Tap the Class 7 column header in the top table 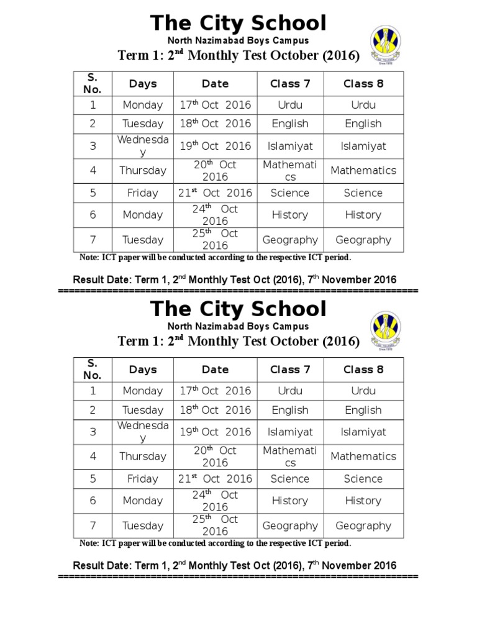[x=290, y=83]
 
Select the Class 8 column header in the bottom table [x=363, y=370]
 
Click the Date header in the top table [x=215, y=83]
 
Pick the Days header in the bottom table [x=143, y=370]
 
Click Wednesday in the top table [x=143, y=146]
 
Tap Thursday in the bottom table [x=143, y=457]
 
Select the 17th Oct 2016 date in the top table [x=215, y=105]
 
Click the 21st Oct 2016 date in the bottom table [x=215, y=479]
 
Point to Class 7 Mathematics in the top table [x=290, y=171]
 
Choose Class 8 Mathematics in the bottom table [x=363, y=457]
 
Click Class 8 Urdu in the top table [x=363, y=105]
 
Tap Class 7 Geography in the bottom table [x=290, y=525]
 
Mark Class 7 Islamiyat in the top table [x=290, y=146]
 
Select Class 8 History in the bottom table [x=363, y=501]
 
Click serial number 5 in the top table [x=93, y=193]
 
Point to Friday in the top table [x=143, y=193]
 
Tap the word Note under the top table [x=89, y=258]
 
